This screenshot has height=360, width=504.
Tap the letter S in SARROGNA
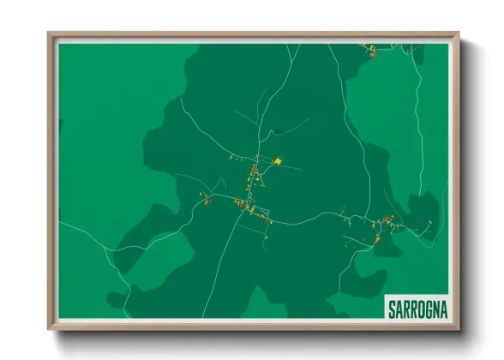point(392,307)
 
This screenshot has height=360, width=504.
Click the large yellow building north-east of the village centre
point(278,160)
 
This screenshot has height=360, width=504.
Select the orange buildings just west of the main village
point(207,201)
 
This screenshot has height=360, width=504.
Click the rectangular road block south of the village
point(253,225)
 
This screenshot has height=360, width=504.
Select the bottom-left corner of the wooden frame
point(49,328)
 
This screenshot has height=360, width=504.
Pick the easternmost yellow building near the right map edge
point(429,220)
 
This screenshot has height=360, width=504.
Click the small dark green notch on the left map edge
point(60,125)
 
